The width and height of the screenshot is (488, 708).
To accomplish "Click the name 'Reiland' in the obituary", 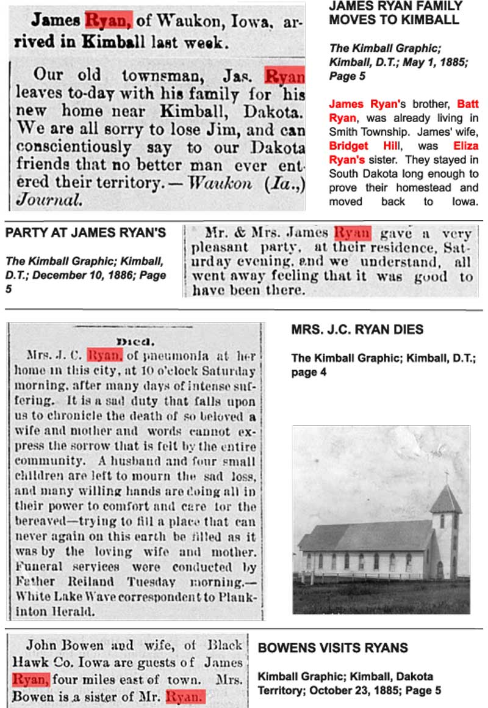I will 93,581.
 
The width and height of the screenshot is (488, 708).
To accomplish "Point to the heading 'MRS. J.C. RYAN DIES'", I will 357,330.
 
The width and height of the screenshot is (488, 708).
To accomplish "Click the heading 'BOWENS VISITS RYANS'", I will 333,648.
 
